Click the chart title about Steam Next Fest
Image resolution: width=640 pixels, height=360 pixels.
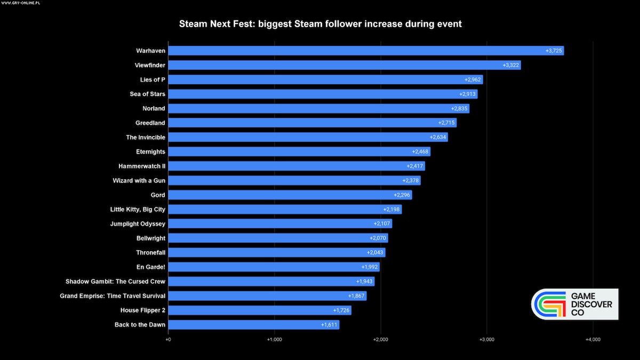click(x=320, y=24)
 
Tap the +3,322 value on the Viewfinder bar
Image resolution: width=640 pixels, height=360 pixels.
click(x=510, y=65)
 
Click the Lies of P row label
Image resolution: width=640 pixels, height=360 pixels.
click(x=153, y=79)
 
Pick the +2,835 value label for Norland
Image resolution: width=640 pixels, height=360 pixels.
click(x=459, y=108)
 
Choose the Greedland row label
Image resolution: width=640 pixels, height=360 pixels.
click(x=150, y=123)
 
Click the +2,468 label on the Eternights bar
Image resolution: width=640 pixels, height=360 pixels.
click(x=420, y=152)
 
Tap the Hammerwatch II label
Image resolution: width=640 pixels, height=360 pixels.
click(x=142, y=166)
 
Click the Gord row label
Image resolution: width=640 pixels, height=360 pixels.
click(x=158, y=195)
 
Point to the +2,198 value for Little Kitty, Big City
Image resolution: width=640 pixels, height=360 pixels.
click(x=391, y=210)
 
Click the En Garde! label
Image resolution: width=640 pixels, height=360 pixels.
click(x=151, y=267)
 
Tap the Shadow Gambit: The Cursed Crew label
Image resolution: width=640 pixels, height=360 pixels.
click(x=115, y=282)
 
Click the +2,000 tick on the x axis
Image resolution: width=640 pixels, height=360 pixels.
click(x=380, y=339)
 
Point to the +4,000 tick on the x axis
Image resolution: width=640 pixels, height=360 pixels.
click(x=593, y=339)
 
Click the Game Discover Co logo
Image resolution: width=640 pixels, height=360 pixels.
click(x=574, y=305)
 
